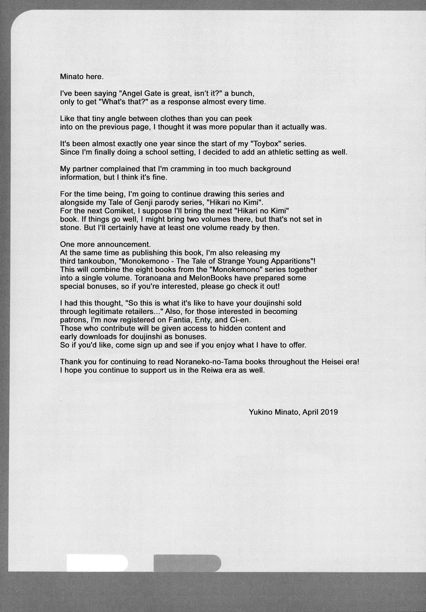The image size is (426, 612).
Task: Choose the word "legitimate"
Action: pos(102,311)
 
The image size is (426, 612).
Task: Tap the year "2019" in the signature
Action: pos(329,412)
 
